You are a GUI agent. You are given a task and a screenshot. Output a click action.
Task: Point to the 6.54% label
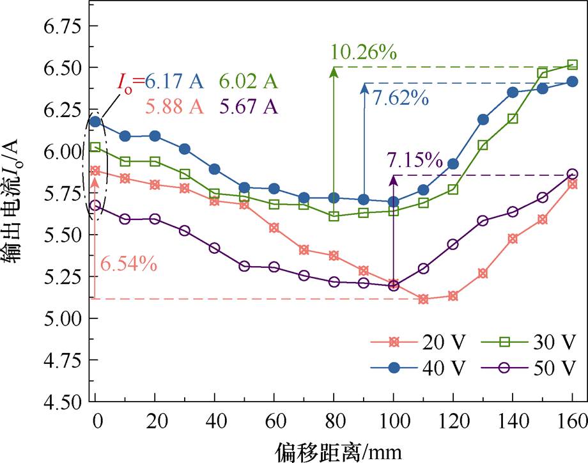(x=128, y=263)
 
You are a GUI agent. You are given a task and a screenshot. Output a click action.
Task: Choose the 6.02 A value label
(x=249, y=81)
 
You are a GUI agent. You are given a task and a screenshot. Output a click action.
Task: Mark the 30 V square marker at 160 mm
(x=573, y=64)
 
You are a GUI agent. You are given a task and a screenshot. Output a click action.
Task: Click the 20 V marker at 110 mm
(x=423, y=299)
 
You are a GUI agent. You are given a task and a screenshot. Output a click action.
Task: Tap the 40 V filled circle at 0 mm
(x=95, y=122)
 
